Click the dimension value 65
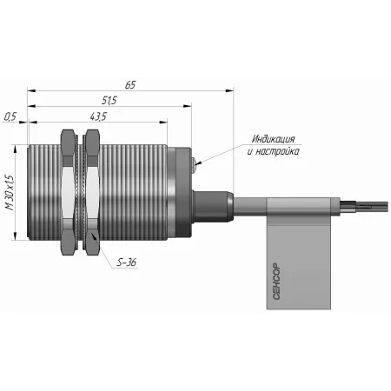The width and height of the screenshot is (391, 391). tap(130, 85)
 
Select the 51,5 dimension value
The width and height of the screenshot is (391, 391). tap(109, 100)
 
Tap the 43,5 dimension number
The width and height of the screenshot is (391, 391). tap(98, 116)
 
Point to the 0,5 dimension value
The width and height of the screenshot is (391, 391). tap(10, 116)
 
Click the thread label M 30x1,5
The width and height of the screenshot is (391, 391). tap(10, 192)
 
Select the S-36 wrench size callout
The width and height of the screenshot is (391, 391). tap(126, 262)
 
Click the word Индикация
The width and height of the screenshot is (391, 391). tap(273, 139)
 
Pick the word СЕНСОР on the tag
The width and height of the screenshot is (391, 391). tap(276, 282)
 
